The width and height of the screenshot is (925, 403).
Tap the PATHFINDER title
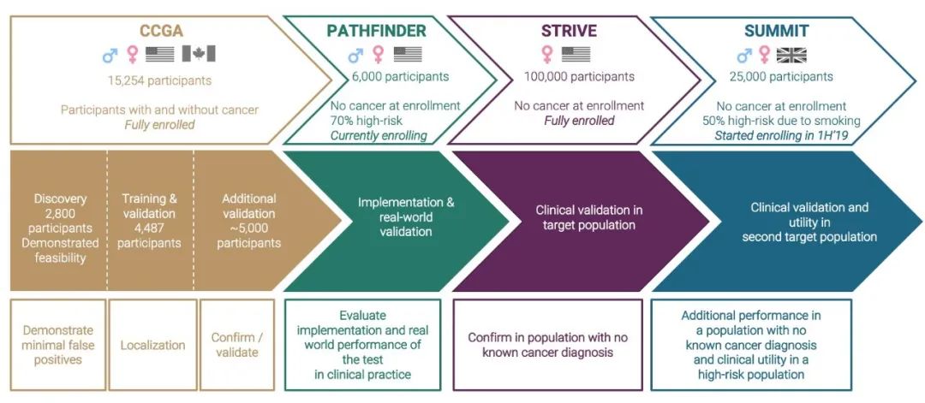[x=374, y=32]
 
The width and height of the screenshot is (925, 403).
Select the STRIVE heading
[x=570, y=32]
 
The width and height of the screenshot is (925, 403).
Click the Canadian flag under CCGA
[x=199, y=55]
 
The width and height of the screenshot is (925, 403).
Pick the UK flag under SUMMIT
[x=792, y=55]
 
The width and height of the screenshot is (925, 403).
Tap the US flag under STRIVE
[x=576, y=55]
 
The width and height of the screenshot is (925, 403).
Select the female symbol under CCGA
[x=132, y=55]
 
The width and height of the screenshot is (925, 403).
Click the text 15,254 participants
[x=159, y=80]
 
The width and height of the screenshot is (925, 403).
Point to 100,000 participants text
[x=580, y=77]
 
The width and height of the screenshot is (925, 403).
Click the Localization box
[x=152, y=345]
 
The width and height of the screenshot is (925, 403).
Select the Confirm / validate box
[x=233, y=345]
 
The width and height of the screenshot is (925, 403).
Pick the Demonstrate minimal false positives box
[x=58, y=345]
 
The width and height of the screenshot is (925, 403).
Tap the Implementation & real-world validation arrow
[x=394, y=217]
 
